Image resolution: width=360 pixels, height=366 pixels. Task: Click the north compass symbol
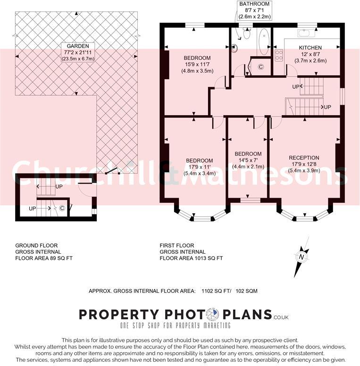[x=300, y=257]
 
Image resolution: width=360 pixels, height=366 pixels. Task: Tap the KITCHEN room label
[x=310, y=48]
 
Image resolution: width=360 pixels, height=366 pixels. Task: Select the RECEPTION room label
[x=304, y=158]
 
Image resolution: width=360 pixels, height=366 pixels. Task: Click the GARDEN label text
[x=77, y=46]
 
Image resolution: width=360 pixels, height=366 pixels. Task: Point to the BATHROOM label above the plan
[x=254, y=4]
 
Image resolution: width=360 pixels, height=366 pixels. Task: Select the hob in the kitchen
[x=278, y=55]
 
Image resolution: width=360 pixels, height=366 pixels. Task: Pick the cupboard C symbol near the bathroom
[x=260, y=67]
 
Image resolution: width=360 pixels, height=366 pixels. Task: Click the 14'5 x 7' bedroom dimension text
[x=248, y=160]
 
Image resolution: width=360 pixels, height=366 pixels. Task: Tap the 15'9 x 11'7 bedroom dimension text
[x=197, y=65]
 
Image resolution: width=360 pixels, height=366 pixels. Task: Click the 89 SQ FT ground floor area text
[x=62, y=258]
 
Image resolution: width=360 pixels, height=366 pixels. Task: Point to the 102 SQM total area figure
[x=246, y=291]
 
